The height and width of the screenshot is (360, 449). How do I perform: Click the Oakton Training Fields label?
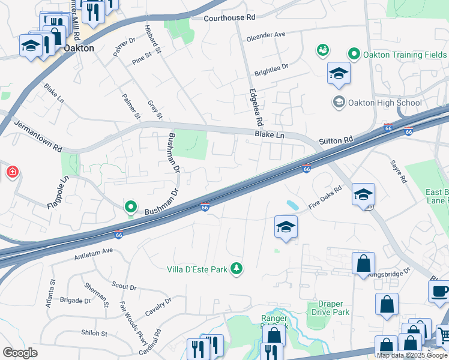click(x=399, y=55)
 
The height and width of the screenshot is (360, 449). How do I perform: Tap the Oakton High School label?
click(x=384, y=103)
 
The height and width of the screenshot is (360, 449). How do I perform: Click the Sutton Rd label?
click(x=336, y=140)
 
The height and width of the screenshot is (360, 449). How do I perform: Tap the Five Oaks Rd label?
click(x=325, y=197)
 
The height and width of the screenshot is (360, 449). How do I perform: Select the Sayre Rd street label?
click(x=399, y=172)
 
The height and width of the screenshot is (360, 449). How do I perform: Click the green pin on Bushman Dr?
click(x=131, y=208)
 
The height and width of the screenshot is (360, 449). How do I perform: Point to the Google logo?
click(x=20, y=353)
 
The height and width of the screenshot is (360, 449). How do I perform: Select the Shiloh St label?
click(x=94, y=333)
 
